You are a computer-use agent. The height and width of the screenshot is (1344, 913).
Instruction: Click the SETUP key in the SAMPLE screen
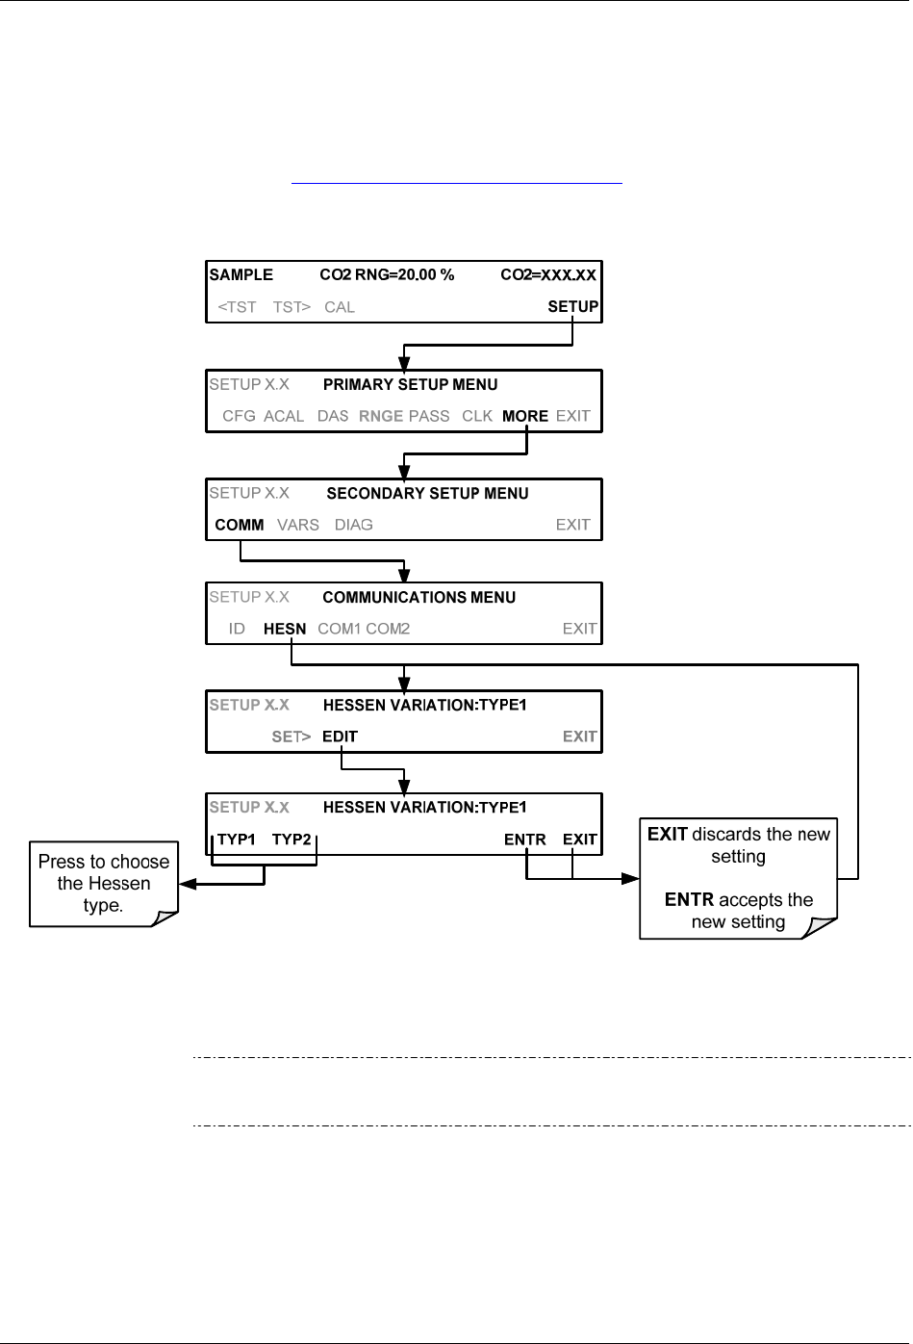(x=572, y=307)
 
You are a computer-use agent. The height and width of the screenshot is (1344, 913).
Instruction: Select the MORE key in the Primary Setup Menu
(x=525, y=416)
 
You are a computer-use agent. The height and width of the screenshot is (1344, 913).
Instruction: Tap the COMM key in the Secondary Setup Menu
(x=240, y=525)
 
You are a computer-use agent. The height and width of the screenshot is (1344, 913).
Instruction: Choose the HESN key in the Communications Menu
(x=285, y=629)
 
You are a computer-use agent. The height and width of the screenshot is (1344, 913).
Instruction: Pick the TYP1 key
(x=237, y=840)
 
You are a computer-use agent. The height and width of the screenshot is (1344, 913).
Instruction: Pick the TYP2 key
(x=292, y=840)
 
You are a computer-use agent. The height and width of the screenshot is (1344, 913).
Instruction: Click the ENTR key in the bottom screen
(x=525, y=840)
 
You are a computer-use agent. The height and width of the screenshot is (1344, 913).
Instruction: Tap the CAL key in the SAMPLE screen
(x=340, y=307)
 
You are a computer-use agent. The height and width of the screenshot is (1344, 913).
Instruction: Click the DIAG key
(x=354, y=525)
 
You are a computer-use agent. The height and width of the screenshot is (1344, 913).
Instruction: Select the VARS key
(x=298, y=525)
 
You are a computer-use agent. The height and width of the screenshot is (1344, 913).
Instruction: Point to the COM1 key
(x=339, y=629)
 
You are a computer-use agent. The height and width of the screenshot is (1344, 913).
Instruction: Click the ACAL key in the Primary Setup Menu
(x=284, y=416)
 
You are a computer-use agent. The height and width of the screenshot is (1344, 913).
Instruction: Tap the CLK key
(x=477, y=416)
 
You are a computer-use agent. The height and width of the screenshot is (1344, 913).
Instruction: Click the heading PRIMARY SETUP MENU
(x=411, y=385)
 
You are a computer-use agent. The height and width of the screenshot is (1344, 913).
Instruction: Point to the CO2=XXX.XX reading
(x=548, y=275)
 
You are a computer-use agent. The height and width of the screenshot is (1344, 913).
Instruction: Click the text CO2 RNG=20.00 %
(x=387, y=275)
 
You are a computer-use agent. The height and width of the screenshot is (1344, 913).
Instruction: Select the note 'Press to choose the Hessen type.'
(x=104, y=884)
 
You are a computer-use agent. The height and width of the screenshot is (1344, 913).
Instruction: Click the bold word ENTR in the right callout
(x=689, y=900)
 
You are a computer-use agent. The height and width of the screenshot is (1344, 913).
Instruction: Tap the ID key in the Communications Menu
(x=237, y=629)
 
